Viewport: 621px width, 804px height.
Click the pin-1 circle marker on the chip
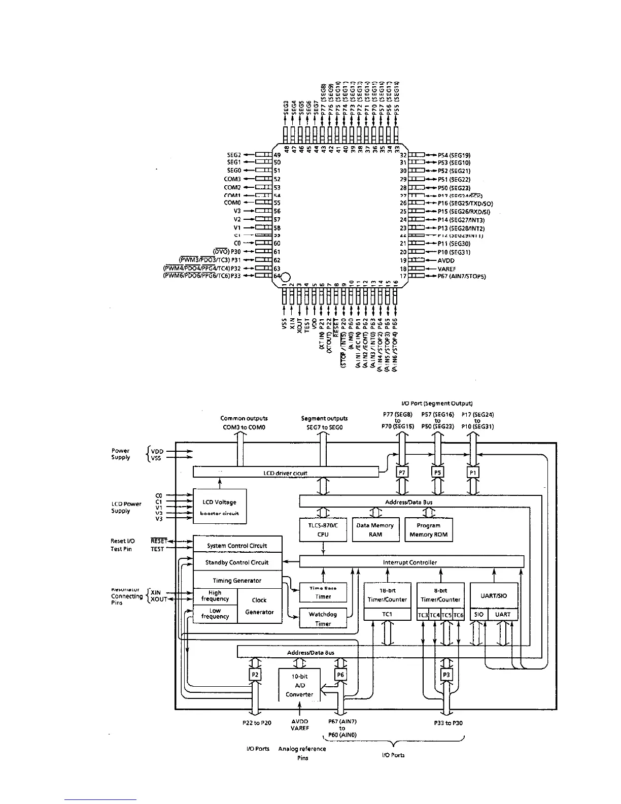pyautogui.click(x=285, y=277)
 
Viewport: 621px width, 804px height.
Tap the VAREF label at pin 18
pyautogui.click(x=448, y=269)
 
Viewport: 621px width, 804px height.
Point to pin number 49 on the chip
pyautogui.click(x=278, y=154)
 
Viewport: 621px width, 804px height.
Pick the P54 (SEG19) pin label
pyautogui.click(x=454, y=154)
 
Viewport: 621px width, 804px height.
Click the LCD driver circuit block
pyautogui.click(x=286, y=473)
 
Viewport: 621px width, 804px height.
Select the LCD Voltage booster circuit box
pyautogui.click(x=219, y=507)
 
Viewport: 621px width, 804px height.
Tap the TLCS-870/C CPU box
pyautogui.click(x=323, y=530)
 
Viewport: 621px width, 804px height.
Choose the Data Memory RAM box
pyautogui.click(x=375, y=530)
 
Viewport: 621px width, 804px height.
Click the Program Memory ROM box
pyautogui.click(x=428, y=530)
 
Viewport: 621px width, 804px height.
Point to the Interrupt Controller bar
pyautogui.click(x=411, y=562)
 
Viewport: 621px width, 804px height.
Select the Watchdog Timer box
pyautogui.click(x=323, y=618)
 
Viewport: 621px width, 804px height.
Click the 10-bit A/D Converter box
pyautogui.click(x=299, y=685)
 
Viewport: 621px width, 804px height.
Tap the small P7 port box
pyautogui.click(x=401, y=473)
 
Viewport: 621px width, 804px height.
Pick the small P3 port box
pyautogui.click(x=446, y=675)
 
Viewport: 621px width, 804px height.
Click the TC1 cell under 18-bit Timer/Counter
pyautogui.click(x=387, y=615)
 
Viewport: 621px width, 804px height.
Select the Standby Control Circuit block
pyautogui.click(x=237, y=562)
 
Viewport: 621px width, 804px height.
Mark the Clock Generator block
pyautogui.click(x=259, y=606)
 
